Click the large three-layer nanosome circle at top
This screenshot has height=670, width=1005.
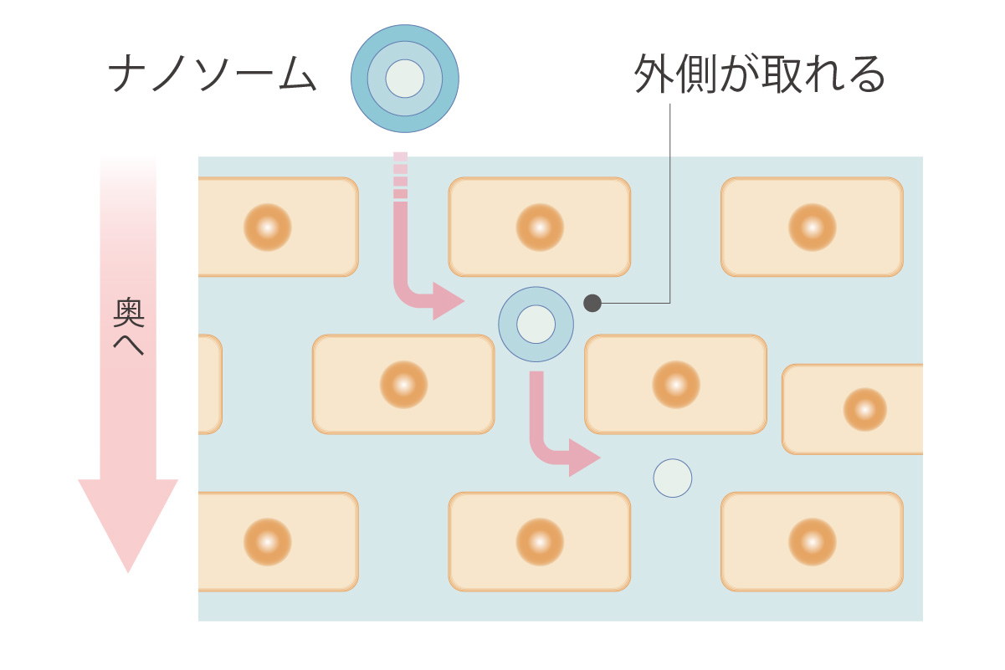pos(405,79)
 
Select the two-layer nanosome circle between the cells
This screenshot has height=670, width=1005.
pos(536,325)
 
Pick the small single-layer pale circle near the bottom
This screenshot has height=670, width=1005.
pos(672,478)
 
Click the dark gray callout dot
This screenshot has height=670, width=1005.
pos(592,303)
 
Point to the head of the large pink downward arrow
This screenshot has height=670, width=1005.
pos(128,523)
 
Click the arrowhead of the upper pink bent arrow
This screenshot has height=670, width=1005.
pos(448,301)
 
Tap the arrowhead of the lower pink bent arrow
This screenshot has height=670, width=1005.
pos(584,458)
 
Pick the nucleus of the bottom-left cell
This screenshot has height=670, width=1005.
pos(268,541)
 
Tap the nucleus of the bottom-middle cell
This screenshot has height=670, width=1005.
pos(540,541)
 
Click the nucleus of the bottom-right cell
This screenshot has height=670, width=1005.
pos(812,541)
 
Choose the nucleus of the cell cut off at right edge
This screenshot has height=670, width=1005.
pos(864,410)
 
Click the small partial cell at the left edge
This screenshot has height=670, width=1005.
pos(209,384)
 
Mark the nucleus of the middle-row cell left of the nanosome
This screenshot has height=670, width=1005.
pos(403,385)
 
